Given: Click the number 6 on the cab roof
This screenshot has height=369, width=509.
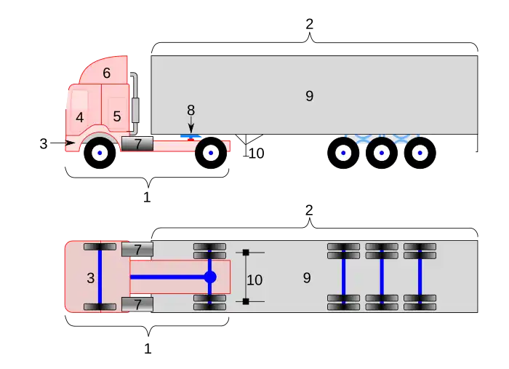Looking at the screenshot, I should [x=107, y=73].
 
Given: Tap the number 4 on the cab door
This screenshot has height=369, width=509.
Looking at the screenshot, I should [x=79, y=117].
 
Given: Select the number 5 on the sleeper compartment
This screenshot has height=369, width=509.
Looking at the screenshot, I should [x=116, y=116].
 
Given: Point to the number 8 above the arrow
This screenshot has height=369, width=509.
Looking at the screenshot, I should [x=191, y=110].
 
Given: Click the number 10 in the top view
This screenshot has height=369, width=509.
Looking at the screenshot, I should [x=254, y=279].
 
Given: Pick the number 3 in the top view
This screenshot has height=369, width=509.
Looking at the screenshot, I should [x=90, y=277].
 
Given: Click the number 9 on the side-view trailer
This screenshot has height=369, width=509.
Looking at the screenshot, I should [x=309, y=95].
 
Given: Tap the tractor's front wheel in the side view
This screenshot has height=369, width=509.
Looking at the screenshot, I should [x=100, y=153].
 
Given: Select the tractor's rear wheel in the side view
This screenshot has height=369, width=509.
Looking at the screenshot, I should [x=210, y=153].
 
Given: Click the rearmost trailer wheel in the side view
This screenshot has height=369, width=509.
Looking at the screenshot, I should [x=419, y=153].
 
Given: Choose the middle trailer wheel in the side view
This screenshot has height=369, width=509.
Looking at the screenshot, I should [x=381, y=153].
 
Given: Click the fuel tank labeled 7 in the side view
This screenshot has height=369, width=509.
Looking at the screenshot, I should [x=137, y=144].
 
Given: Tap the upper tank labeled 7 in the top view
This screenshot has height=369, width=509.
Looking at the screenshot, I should [x=137, y=250].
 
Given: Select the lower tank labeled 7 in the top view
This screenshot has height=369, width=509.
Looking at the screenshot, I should [x=137, y=304].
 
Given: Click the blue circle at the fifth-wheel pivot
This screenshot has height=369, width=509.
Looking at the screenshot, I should [x=210, y=277].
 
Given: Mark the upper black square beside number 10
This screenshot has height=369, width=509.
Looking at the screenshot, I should [x=246, y=253].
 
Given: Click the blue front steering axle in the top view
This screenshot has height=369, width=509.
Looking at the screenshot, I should [x=100, y=277].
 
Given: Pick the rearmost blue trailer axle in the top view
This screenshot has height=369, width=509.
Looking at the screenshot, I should [x=420, y=277].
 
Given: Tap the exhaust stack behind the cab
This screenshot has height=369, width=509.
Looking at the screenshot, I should [x=134, y=98].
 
